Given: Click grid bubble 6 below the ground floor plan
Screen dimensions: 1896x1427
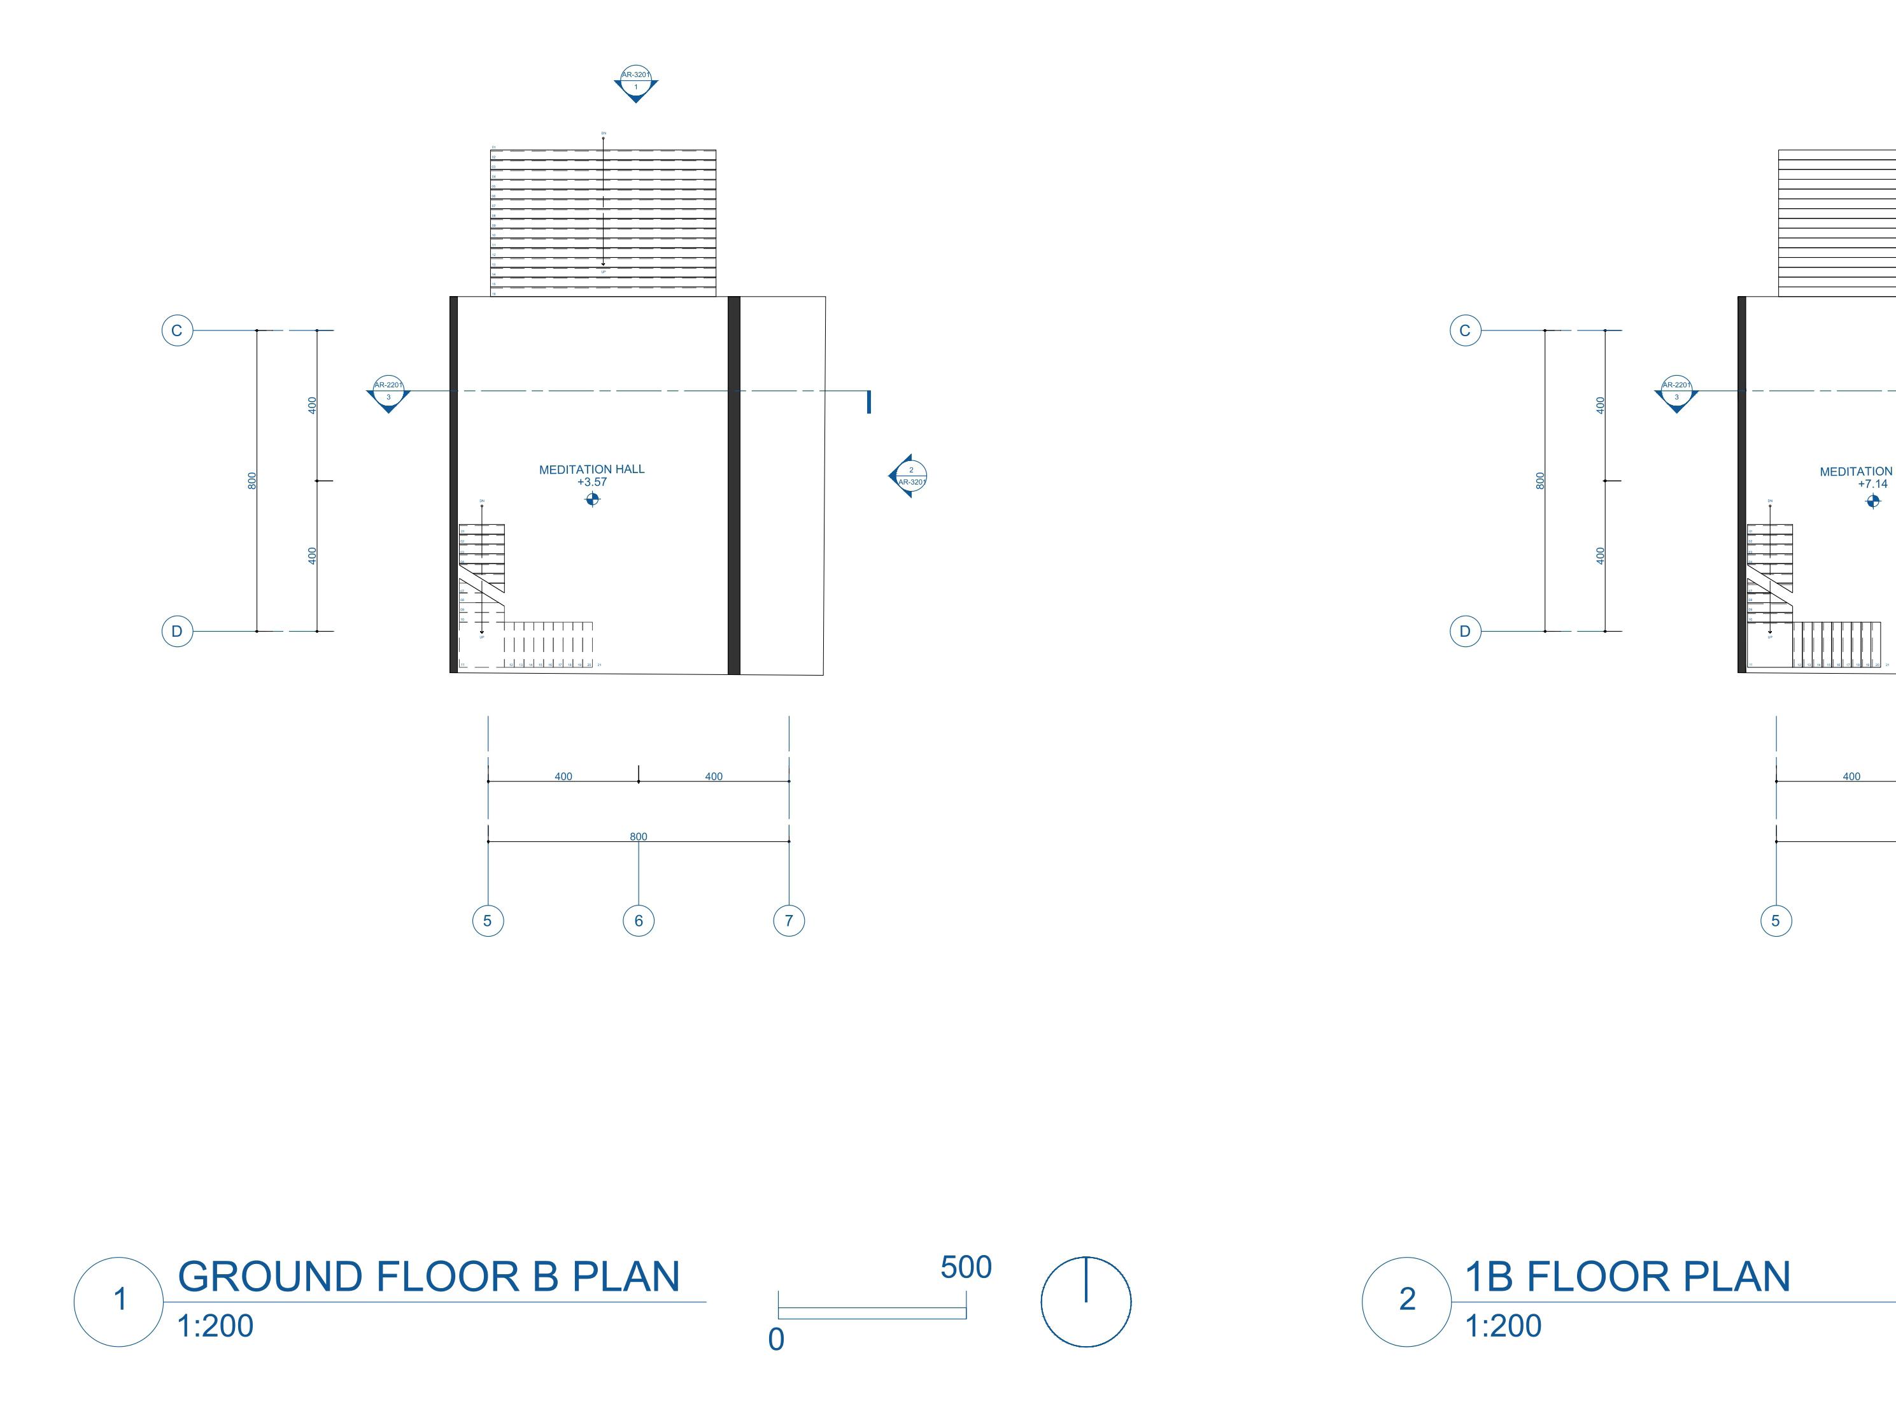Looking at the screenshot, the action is pos(639,921).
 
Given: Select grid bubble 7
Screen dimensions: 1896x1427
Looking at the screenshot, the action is pos(789,921).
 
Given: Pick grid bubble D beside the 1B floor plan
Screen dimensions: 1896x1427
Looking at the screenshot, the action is pos(1465,632).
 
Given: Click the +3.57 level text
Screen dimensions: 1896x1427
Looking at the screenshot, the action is pos(592,481).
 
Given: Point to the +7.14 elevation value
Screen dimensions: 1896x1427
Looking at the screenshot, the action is pos(1873,483).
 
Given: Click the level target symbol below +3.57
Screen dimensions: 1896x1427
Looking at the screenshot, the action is pos(592,499).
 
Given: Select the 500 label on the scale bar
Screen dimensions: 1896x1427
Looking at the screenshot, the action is pos(966,1267).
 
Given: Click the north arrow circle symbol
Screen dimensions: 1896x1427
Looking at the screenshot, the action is pos(1086,1302).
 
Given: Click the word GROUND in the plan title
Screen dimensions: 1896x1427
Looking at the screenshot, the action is pos(271,1276).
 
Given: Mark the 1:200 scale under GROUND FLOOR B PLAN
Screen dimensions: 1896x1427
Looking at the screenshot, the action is pos(215,1326).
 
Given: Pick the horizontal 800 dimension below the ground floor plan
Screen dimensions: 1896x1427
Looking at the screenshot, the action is pos(639,837).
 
